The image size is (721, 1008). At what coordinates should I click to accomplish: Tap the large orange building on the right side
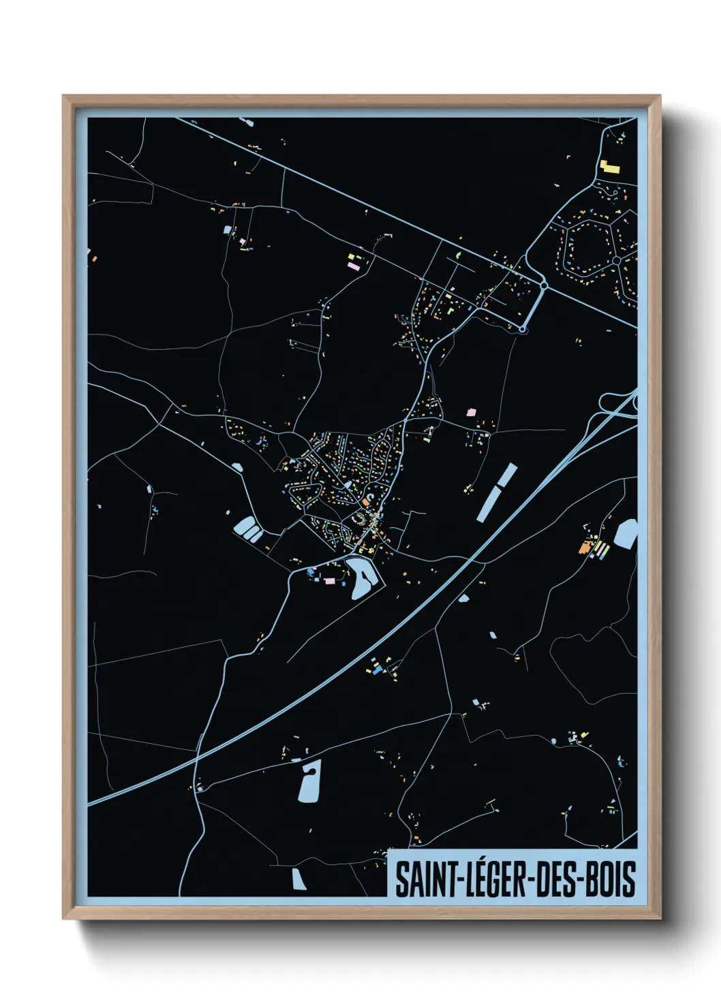click(x=584, y=546)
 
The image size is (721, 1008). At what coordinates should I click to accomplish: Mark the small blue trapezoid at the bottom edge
click(x=298, y=879)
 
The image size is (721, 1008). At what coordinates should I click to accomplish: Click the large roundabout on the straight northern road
click(x=544, y=285)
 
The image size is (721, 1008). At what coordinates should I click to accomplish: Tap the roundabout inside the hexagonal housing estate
click(x=616, y=260)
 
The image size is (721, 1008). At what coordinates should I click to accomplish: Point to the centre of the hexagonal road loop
click(x=587, y=249)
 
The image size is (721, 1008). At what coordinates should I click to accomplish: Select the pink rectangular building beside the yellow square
click(x=354, y=266)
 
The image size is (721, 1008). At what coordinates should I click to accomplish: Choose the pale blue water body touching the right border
click(x=626, y=533)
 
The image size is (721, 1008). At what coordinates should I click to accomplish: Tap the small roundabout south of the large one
click(x=522, y=330)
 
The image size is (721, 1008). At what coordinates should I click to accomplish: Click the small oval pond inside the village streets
click(x=348, y=484)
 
